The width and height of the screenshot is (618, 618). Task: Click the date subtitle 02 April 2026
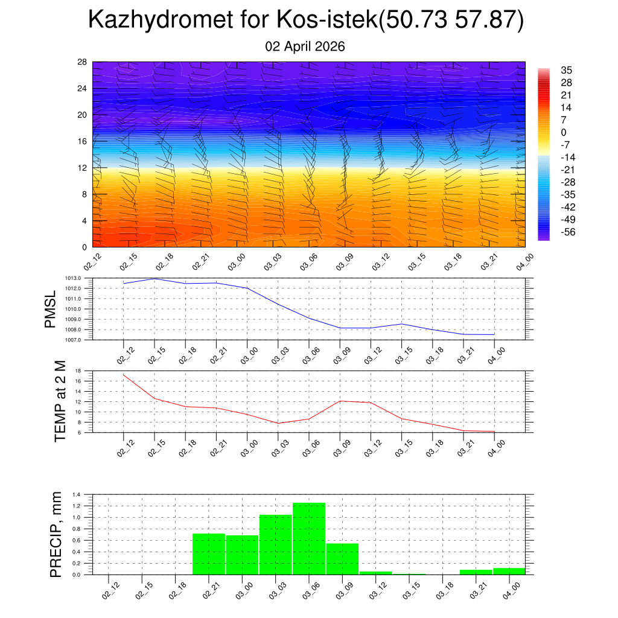[305, 46]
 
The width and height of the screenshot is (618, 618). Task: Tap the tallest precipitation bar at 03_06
[309, 538]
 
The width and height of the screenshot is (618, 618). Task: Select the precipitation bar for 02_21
[209, 554]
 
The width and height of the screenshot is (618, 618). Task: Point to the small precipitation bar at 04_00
[509, 571]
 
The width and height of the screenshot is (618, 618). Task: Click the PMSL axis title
[50, 309]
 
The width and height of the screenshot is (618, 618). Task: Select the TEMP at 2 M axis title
[60, 401]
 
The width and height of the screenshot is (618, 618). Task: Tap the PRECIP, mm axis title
[56, 534]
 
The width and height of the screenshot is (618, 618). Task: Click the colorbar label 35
[566, 70]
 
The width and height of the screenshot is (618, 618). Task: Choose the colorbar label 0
[564, 132]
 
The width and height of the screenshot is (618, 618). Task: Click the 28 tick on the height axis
[83, 62]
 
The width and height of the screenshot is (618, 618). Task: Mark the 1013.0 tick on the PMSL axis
[78, 278]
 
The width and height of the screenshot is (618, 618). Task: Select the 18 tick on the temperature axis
[78, 371]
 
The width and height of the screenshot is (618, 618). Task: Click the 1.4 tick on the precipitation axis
[77, 494]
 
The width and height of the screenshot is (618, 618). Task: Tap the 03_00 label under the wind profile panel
[237, 261]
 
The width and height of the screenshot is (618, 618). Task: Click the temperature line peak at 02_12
[124, 375]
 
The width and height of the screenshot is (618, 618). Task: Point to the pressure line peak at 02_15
[154, 279]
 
